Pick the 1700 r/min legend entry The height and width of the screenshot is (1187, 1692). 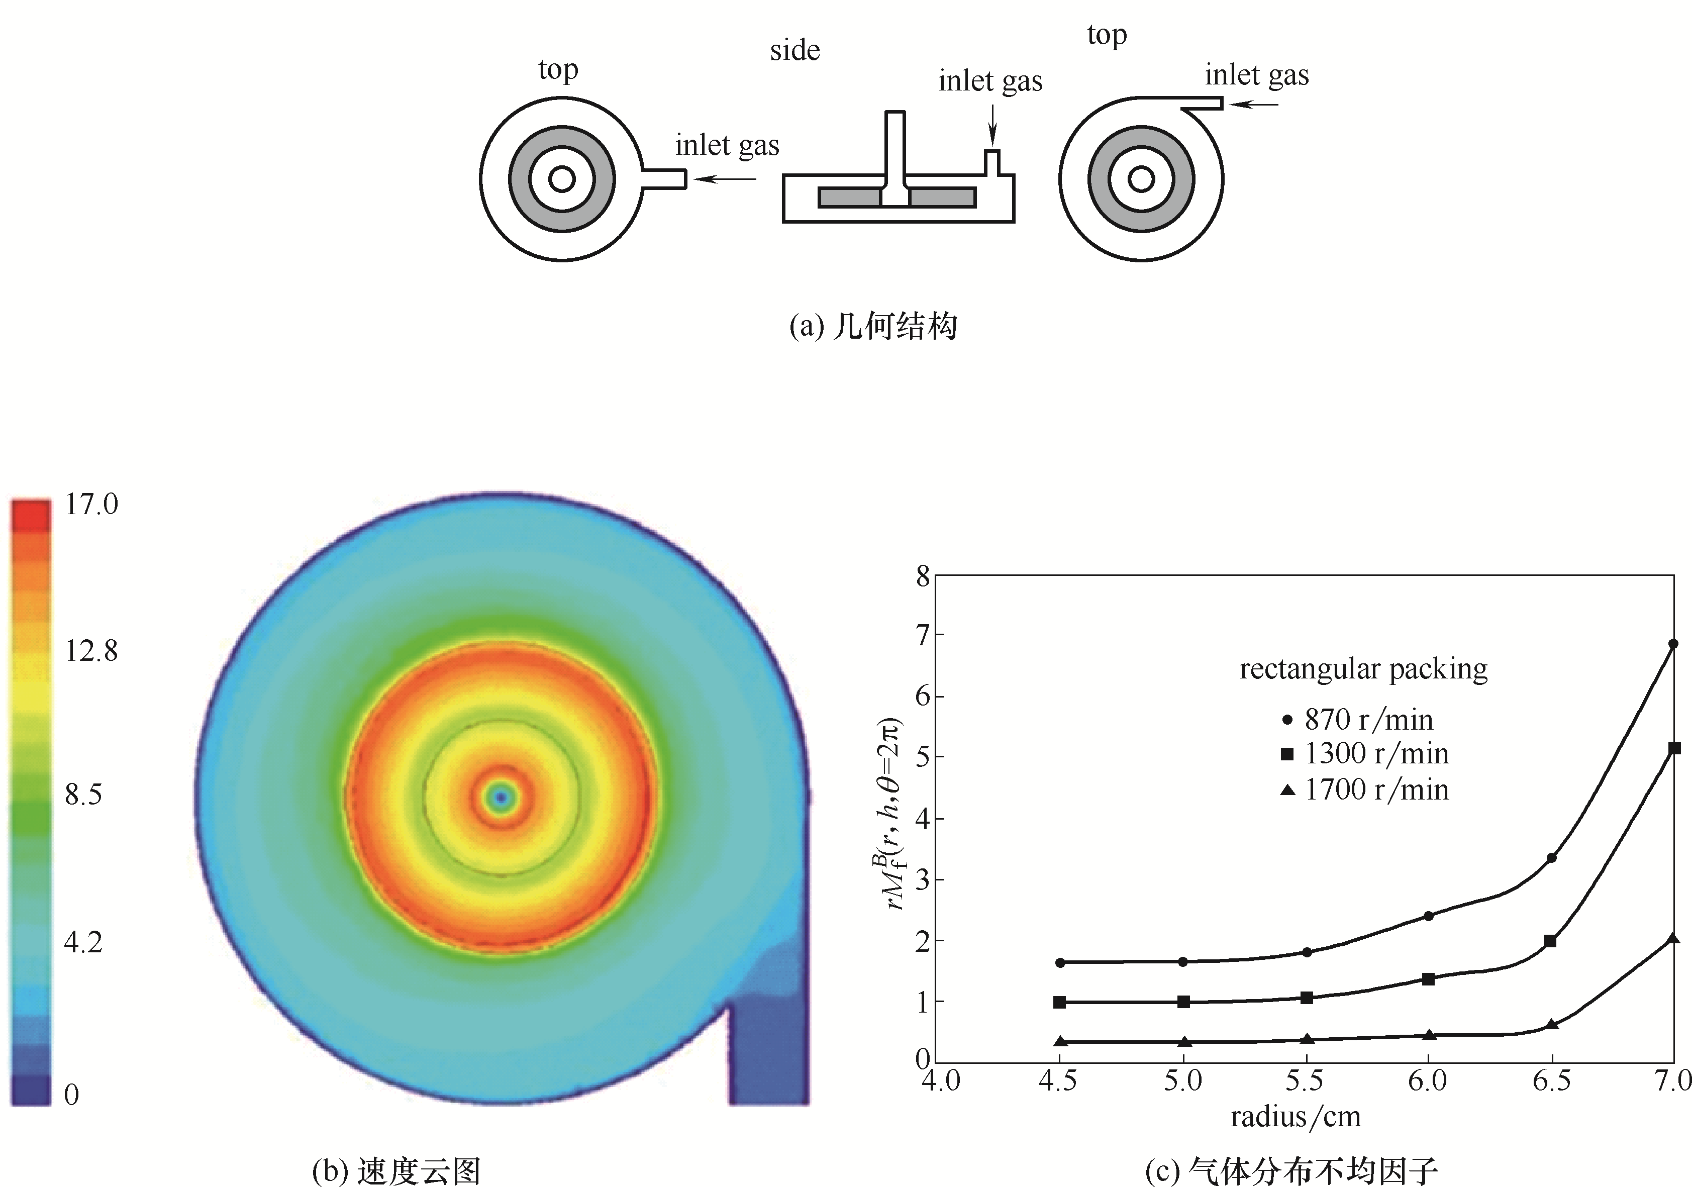coord(1365,790)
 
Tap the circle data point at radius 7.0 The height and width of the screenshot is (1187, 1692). coord(1673,644)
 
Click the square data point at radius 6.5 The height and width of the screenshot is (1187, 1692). coord(1550,941)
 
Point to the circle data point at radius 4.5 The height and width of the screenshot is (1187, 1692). coord(1060,962)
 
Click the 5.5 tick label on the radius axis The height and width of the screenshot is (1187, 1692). coord(1305,1081)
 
